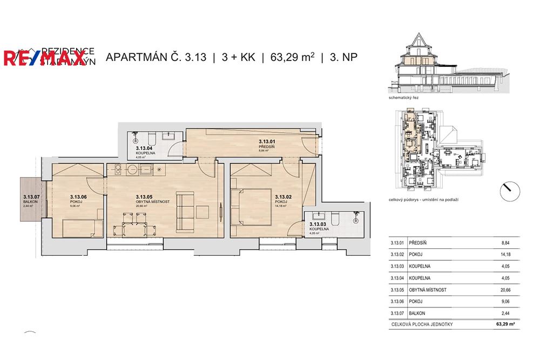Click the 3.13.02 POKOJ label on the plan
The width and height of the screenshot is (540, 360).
(285, 200)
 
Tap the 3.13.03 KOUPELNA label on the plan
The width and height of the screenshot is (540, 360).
(319, 227)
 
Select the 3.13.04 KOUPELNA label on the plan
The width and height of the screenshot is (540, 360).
(145, 150)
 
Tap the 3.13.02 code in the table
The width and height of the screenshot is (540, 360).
(397, 255)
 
